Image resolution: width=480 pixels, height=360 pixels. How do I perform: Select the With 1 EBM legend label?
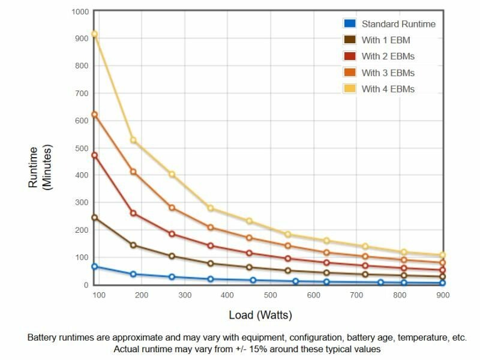pos(385,40)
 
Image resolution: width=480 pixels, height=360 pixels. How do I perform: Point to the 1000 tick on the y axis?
pos(80,11)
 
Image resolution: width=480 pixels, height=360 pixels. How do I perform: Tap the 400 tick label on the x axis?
pos(227,295)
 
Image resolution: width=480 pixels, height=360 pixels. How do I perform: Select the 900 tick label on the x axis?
pos(443,295)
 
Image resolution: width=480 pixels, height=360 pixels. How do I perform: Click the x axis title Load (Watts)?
pos(260,315)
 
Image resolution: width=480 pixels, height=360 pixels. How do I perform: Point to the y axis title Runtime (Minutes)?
pos(40,168)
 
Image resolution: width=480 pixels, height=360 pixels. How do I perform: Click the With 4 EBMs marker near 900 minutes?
pos(94,34)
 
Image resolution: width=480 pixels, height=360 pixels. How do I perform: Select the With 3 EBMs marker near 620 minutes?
pos(94,115)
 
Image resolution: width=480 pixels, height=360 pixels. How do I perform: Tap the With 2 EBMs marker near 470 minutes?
pos(94,155)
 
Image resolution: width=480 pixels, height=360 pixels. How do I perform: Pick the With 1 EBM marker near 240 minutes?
pos(94,218)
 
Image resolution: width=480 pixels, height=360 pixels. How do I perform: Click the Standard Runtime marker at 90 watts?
pos(94,266)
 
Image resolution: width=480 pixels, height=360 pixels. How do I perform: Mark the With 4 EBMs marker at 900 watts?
pos(443,255)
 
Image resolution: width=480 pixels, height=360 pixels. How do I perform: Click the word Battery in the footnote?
pos(43,338)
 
